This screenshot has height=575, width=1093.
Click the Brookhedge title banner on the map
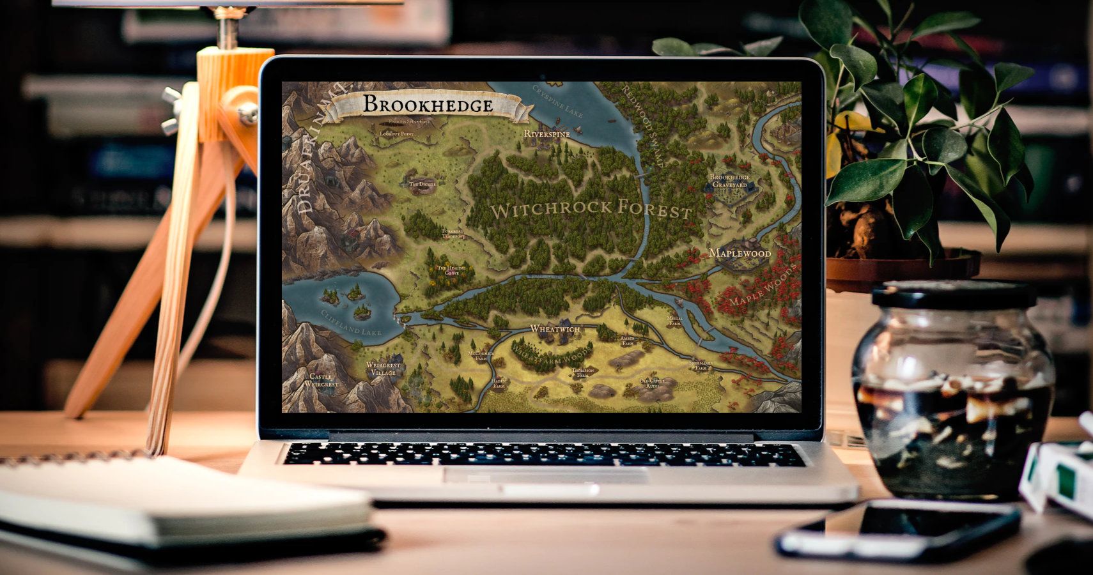click(428, 105)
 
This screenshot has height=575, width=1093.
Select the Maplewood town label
click(740, 253)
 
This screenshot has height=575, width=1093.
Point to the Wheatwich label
click(555, 329)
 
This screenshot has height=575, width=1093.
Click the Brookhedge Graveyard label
click(729, 181)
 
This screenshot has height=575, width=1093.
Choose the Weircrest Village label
click(384, 369)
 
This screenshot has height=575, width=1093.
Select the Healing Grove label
click(448, 270)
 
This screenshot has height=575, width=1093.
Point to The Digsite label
click(422, 185)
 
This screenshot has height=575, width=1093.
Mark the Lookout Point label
click(396, 134)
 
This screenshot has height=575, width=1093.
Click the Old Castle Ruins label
click(653, 383)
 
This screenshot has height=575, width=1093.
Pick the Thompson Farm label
click(583, 372)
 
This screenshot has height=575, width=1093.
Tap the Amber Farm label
click(628, 341)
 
